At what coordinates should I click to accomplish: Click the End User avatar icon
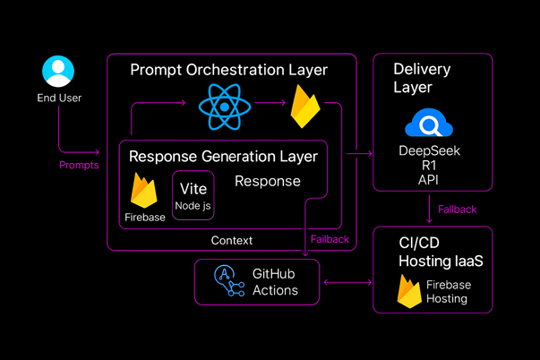(58, 71)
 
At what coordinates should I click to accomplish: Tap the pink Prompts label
(79, 165)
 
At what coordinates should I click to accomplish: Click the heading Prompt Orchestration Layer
(228, 70)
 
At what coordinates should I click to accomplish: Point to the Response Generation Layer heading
(223, 157)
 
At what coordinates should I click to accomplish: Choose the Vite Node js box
(193, 195)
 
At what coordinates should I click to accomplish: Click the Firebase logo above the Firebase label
(144, 190)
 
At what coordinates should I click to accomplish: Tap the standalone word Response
(267, 181)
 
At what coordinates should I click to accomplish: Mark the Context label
(232, 240)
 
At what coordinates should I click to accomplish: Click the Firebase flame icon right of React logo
(305, 108)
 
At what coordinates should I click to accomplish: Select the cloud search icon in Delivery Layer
(429, 123)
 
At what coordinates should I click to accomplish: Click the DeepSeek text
(429, 151)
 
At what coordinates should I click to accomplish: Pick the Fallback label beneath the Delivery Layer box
(457, 210)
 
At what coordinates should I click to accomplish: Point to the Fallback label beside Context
(330, 239)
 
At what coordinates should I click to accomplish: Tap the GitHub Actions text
(275, 281)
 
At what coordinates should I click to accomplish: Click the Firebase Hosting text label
(448, 292)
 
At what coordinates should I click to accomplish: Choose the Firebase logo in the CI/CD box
(410, 292)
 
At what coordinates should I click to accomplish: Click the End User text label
(59, 97)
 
